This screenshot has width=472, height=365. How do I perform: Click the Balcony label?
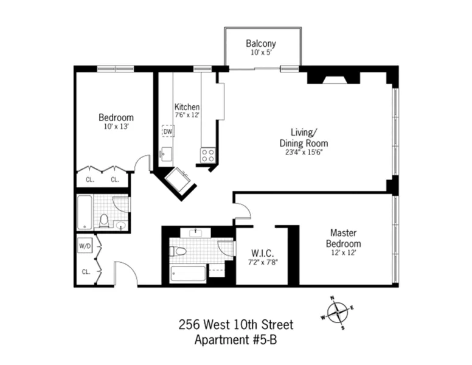261,44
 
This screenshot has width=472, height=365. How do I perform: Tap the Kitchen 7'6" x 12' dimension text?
187,114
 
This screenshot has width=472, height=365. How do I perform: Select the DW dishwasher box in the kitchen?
167,131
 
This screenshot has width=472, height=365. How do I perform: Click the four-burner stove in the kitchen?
208,155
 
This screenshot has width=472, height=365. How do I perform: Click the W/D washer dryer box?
85,246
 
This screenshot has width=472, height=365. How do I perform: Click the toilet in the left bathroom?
104,220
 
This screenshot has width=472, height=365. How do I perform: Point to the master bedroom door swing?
243,211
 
